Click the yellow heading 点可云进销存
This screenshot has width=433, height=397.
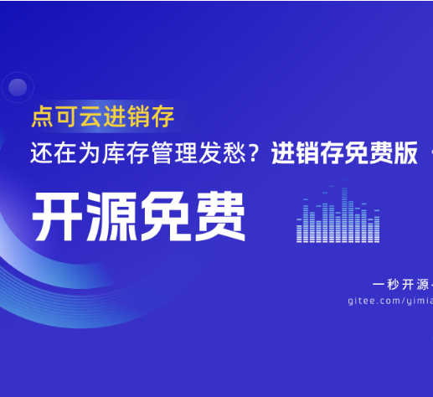103,116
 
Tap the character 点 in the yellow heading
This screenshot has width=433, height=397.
43,116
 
